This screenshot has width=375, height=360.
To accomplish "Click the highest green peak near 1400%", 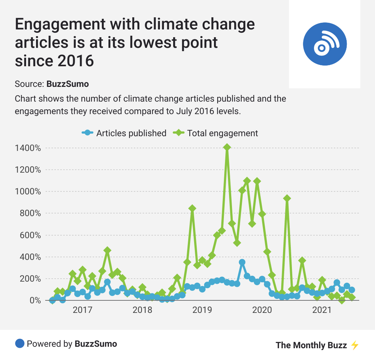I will coord(227,147).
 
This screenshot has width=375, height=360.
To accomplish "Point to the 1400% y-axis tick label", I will coord(28,148).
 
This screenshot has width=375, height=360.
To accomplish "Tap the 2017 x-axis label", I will coord(82,310).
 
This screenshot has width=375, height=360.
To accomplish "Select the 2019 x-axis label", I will coord(202,310).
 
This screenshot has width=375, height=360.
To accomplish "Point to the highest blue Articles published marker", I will coord(242,262).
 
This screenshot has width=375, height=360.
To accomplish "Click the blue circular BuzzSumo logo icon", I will coord(325,44).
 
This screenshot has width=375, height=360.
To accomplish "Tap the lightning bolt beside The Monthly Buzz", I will coord(354,345).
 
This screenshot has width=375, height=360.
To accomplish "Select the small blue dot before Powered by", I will coord(19,344).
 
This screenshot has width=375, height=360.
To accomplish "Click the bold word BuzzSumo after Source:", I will coord(68,84).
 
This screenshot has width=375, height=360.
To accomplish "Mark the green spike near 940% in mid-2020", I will coord(287,198).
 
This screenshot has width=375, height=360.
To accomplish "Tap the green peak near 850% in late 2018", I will coord(192,208).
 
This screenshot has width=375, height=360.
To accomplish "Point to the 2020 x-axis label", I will coord(262,310).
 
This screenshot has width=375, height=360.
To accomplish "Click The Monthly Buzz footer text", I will coord(311,345).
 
